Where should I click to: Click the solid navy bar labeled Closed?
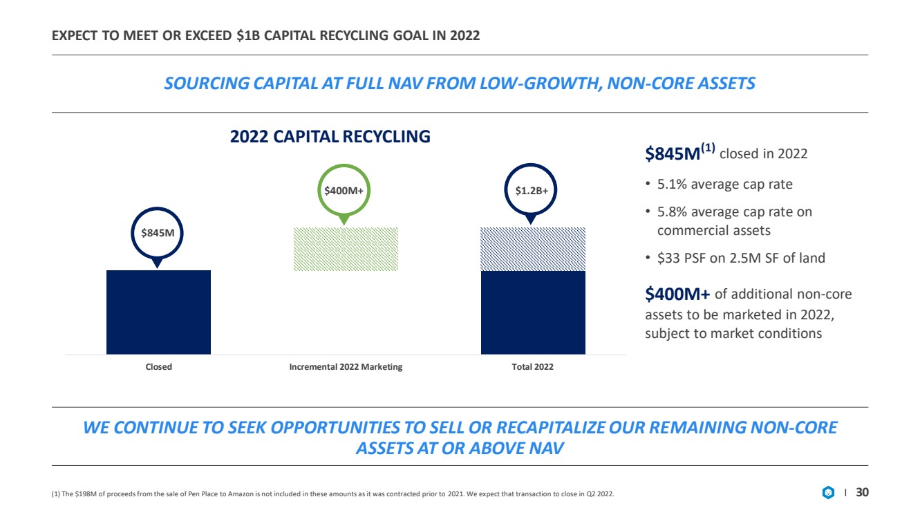click(158, 312)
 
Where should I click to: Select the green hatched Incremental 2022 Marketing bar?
click(346, 249)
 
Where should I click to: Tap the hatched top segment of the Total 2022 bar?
click(533, 250)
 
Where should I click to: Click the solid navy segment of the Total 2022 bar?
click(533, 312)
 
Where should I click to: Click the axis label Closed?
click(158, 367)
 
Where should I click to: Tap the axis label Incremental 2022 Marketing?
click(346, 367)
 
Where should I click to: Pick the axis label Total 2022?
click(532, 367)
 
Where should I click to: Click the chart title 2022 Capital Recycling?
click(330, 136)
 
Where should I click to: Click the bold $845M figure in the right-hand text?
click(673, 154)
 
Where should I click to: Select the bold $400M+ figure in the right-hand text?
click(677, 294)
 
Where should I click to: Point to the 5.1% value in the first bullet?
click(672, 184)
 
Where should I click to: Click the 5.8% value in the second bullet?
click(672, 212)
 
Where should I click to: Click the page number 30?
click(862, 492)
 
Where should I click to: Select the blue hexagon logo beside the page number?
click(828, 492)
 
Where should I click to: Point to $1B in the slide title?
click(248, 36)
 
